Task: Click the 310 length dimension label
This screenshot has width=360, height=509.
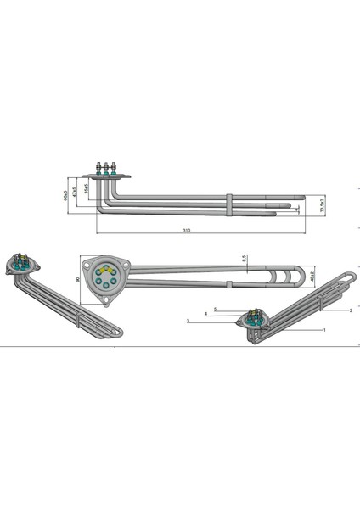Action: [186, 231]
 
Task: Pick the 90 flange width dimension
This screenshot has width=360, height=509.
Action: [78, 279]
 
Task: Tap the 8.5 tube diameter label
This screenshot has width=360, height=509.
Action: [244, 257]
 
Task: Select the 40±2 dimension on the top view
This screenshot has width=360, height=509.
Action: [312, 277]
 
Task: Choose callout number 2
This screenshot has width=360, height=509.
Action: [349, 310]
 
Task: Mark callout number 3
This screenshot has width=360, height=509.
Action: [188, 321]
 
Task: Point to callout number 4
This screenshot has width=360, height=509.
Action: [205, 314]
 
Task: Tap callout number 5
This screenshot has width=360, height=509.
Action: [216, 309]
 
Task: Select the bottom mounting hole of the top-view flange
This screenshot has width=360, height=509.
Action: [104, 298]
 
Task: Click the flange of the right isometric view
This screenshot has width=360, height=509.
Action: [252, 322]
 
